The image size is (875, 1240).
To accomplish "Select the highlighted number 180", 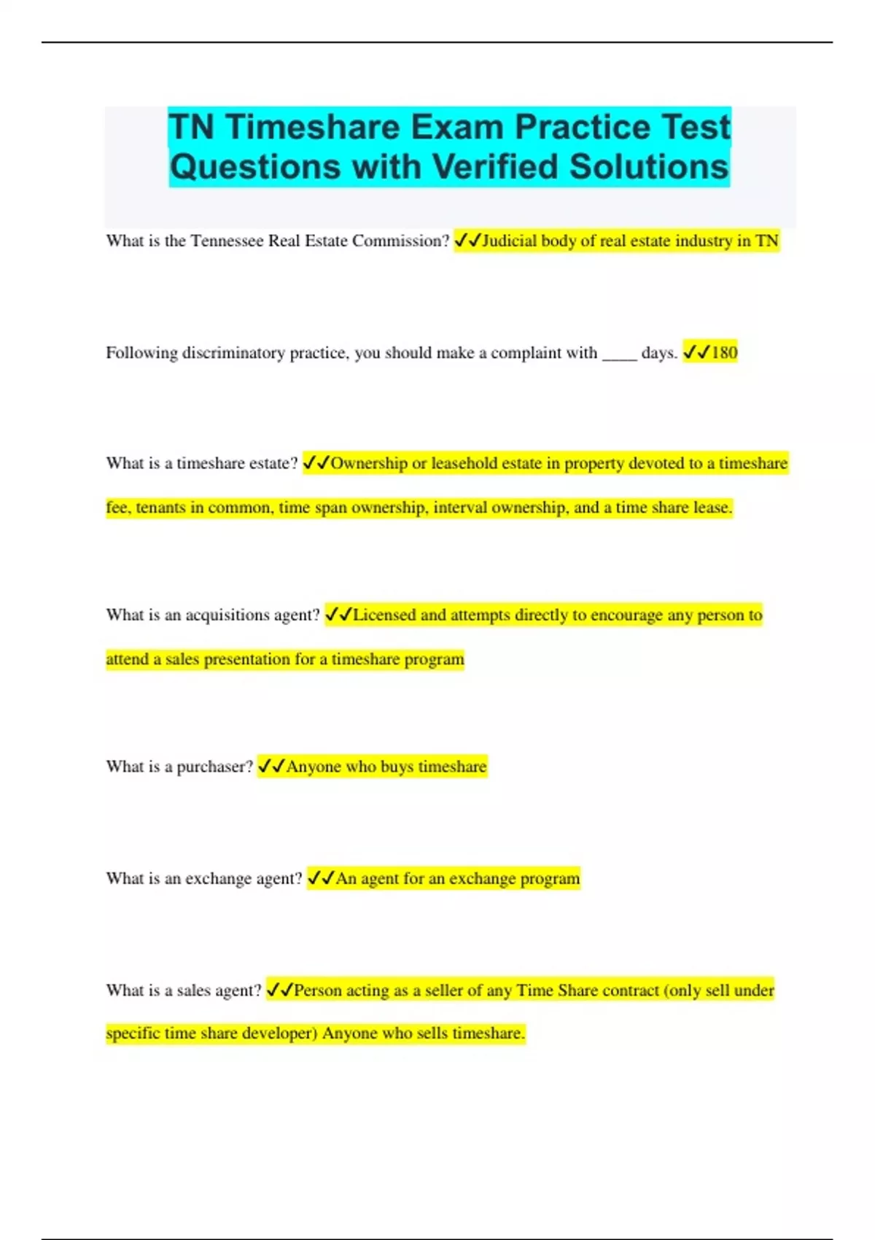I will tap(724, 353).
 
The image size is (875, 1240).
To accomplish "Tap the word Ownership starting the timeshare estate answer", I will tap(369, 463).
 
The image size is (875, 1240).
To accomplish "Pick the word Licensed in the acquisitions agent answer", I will tap(384, 615).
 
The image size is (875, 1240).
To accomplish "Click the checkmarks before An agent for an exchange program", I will tap(321, 878).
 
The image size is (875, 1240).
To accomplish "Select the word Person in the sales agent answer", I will tap(317, 991).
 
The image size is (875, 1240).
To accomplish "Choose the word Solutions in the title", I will tap(649, 167).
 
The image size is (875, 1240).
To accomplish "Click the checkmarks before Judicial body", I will tap(467, 241).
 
